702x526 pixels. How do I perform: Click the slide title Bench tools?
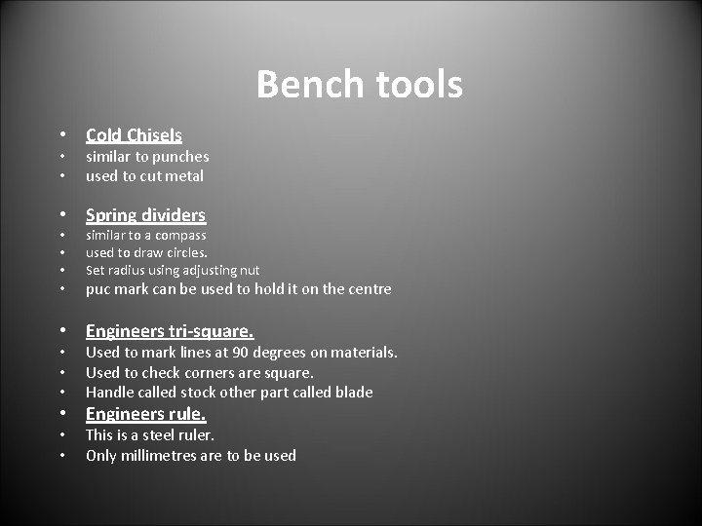359,86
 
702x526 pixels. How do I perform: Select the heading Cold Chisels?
134,135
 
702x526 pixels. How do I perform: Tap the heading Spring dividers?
145,214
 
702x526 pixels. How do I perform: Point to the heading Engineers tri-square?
170,331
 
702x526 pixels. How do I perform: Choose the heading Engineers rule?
145,414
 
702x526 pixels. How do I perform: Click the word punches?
179,156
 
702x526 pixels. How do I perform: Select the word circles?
184,252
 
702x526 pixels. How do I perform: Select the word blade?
352,393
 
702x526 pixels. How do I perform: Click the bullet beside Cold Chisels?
61,135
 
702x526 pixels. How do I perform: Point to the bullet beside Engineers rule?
61,414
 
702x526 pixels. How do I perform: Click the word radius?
127,270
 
